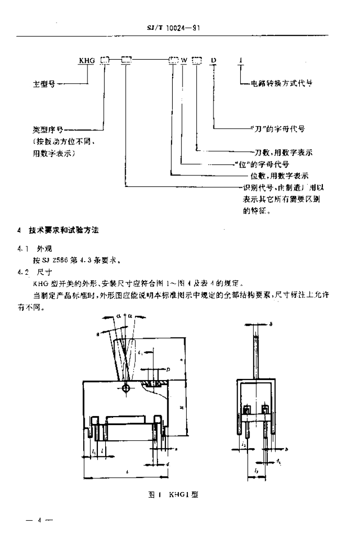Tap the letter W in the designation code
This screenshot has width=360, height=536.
185,60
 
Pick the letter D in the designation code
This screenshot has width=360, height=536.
213,60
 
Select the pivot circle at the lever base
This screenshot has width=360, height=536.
126,388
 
